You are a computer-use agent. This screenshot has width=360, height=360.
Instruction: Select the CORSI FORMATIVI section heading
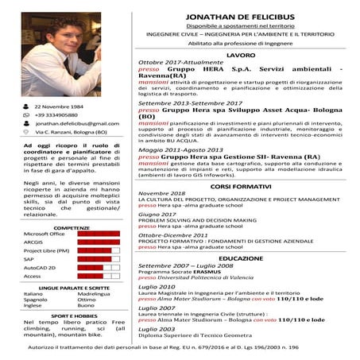tap(240, 185)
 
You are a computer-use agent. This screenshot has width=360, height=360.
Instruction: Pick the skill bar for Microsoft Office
tap(99, 234)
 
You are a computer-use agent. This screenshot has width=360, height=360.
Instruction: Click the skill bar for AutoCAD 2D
tap(99, 268)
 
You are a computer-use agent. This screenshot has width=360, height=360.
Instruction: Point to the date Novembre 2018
tap(161, 193)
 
